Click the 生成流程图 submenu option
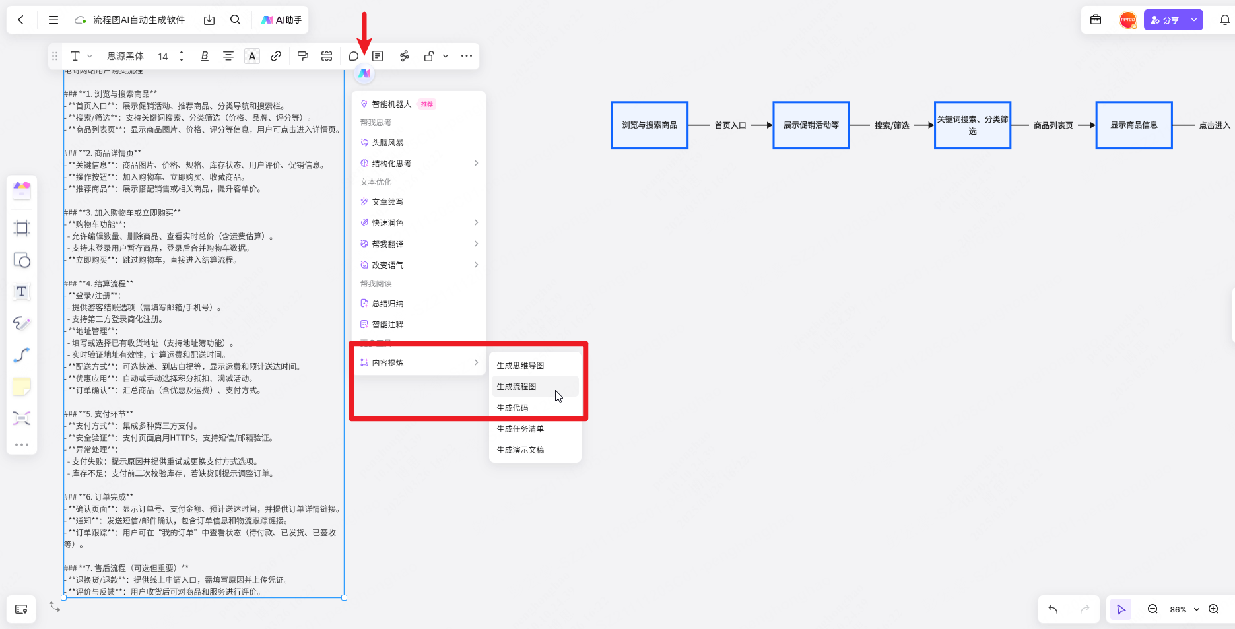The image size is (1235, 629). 517,387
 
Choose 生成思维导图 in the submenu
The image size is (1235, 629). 521,366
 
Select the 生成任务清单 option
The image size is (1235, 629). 521,429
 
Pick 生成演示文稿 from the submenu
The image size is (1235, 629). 521,450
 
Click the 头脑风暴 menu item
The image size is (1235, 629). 387,143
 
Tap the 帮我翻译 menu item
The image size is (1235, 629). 387,244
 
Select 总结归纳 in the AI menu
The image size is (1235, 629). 387,304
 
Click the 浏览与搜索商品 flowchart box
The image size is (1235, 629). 650,125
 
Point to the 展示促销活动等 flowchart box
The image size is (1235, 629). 811,125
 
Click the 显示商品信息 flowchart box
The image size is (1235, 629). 1133,125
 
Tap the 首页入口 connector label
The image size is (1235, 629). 730,125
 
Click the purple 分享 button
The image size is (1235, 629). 1166,20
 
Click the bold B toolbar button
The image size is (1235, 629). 205,56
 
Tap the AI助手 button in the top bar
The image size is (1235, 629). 282,20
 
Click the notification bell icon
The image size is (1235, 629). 1224,20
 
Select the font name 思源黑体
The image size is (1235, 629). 125,56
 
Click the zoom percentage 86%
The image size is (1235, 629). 1178,609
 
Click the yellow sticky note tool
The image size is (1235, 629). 22,387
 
